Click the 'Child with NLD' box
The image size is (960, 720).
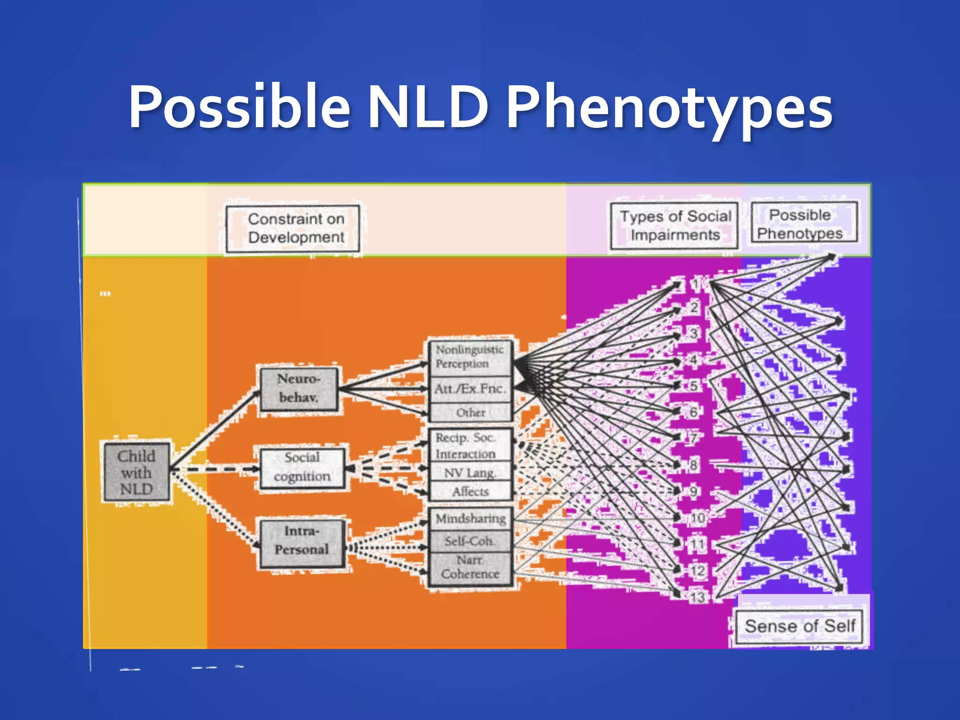point(136,472)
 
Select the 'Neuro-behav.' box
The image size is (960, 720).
point(299,389)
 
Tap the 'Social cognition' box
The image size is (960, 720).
point(302,467)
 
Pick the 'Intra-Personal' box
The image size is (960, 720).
point(302,540)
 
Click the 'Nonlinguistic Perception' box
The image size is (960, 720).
point(470,357)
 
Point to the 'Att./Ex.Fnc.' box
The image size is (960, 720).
point(470,389)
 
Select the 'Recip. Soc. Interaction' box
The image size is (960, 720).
point(470,446)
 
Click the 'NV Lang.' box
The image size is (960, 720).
point(470,473)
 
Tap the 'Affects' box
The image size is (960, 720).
point(470,492)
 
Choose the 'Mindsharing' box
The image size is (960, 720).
point(470,519)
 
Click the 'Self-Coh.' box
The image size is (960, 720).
point(470,541)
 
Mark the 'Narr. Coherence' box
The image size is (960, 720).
point(470,568)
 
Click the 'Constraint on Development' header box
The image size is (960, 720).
point(296,228)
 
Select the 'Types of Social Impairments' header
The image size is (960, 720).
point(675,225)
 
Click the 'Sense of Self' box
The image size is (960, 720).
point(800,626)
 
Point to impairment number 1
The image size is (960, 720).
point(696,284)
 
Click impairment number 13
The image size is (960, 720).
point(697,598)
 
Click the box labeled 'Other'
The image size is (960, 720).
point(470,413)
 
